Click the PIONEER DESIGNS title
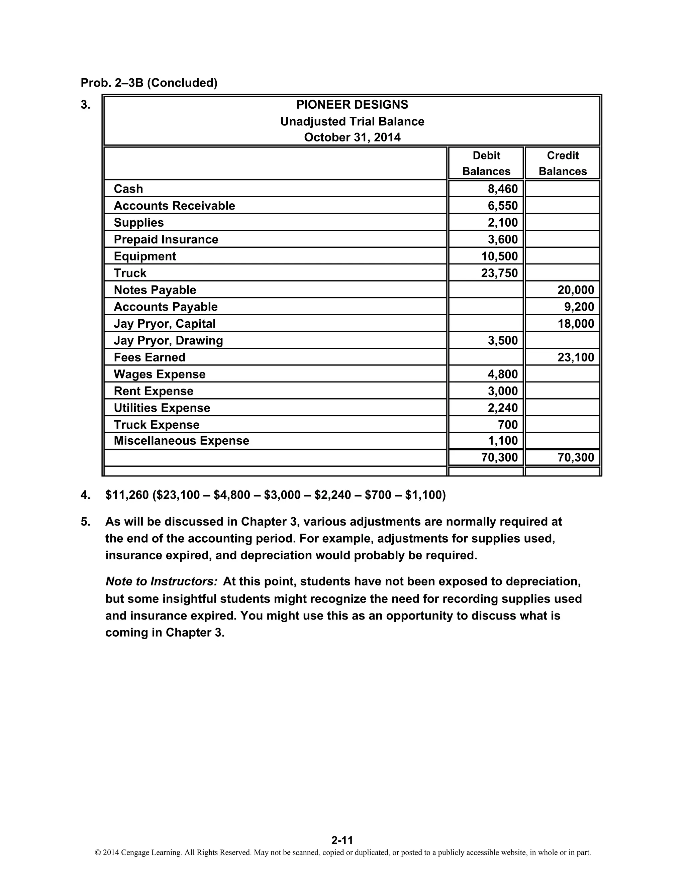(352, 105)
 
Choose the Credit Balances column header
(563, 163)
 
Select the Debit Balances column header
(486, 163)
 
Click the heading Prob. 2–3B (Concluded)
(149, 83)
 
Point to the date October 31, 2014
(352, 137)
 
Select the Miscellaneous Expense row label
(181, 441)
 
